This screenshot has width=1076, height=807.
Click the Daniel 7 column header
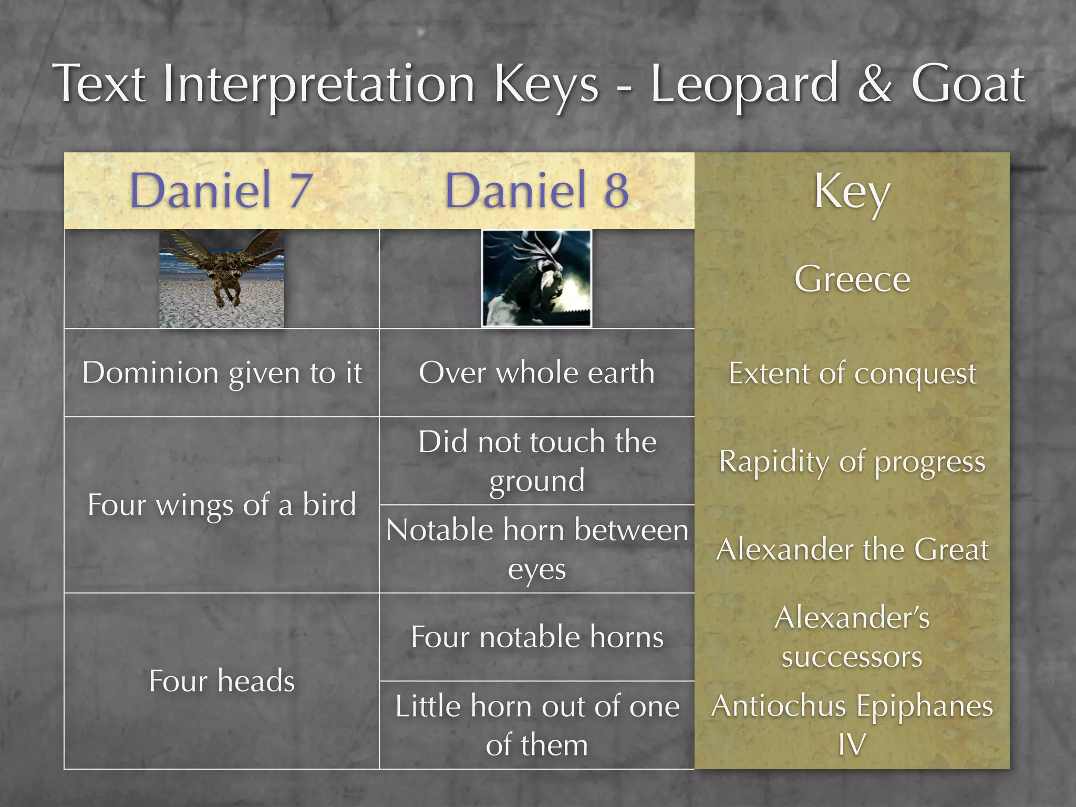click(221, 190)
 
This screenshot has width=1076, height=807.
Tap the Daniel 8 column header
click(536, 190)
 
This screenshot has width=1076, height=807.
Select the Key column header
click(852, 192)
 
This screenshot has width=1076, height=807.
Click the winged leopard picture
click(222, 278)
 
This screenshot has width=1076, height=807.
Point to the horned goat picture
click(536, 278)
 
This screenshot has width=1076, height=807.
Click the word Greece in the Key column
click(852, 279)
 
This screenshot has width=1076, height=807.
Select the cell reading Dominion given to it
click(222, 373)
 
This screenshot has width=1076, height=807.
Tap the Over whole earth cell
click(536, 373)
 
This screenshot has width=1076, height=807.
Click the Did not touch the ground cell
click(536, 461)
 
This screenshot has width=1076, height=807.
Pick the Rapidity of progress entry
click(852, 462)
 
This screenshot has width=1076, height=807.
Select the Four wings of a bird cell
click(222, 505)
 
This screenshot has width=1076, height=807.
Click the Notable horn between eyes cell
click(536, 549)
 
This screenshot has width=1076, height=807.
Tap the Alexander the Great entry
click(852, 550)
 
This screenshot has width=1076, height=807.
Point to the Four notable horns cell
click(536, 637)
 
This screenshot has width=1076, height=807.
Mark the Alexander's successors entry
click(852, 637)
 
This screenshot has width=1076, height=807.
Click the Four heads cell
click(222, 681)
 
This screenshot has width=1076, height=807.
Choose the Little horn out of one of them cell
click(536, 725)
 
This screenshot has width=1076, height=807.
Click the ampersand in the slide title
click(874, 84)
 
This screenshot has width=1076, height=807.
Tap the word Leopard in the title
click(744, 84)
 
